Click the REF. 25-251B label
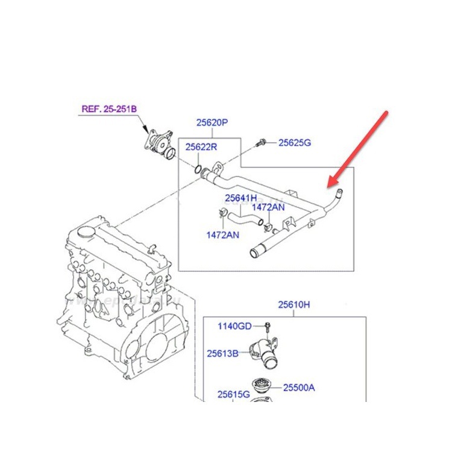[x=109, y=109]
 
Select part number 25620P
[x=212, y=122]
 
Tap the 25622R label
[x=201, y=146]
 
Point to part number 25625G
[x=295, y=142]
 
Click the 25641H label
[x=240, y=198]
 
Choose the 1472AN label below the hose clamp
[x=222, y=235]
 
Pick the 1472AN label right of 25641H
[x=268, y=207]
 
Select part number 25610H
[x=293, y=305]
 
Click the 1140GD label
[x=234, y=326]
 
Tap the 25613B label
[x=222, y=353]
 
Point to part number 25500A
[x=299, y=388]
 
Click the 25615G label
[x=233, y=394]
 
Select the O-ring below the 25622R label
[x=198, y=169]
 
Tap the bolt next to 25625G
[x=260, y=143]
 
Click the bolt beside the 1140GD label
[x=267, y=327]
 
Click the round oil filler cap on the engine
[x=86, y=232]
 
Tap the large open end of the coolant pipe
[x=254, y=253]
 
